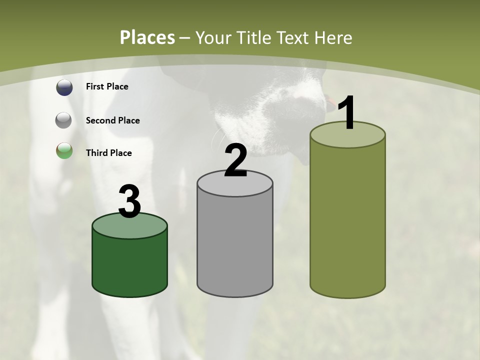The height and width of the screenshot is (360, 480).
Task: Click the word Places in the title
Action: coord(147,37)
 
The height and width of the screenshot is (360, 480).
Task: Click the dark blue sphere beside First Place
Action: coord(64,87)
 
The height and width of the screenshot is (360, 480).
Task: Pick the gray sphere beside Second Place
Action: coord(64,120)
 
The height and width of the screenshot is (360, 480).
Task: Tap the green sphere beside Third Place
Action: coord(64,151)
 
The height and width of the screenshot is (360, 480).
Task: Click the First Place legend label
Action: coord(107,86)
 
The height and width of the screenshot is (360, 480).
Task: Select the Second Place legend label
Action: coord(112,120)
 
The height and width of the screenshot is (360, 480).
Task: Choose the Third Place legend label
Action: coord(108,153)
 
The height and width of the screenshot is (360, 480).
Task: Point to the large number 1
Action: coord(347,113)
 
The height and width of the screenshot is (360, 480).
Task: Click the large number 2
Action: coord(235,161)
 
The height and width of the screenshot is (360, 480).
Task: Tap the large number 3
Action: coord(130,202)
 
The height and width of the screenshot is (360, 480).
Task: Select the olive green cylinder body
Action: coord(347,220)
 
